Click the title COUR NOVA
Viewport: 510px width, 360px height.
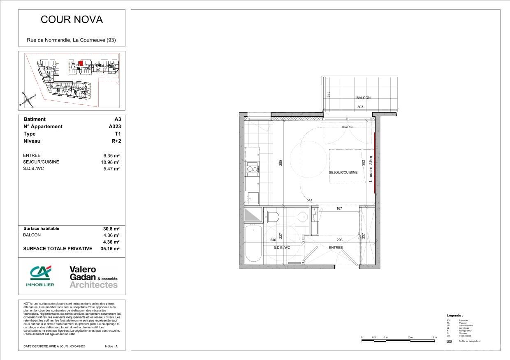click(x=72, y=19)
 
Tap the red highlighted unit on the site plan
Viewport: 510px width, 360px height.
click(x=81, y=63)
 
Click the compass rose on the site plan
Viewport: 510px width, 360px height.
click(x=28, y=99)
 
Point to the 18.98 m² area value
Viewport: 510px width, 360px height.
click(x=111, y=162)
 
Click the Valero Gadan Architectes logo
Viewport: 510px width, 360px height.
click(x=93, y=277)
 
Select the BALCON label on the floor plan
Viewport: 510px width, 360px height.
click(x=363, y=98)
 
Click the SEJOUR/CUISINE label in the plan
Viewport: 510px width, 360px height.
click(x=343, y=173)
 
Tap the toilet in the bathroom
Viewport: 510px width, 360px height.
click(x=272, y=216)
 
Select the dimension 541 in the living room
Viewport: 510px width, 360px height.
click(x=310, y=201)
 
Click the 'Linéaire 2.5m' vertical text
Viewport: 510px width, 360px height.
click(x=371, y=169)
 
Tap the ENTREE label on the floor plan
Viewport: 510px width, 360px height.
click(x=335, y=248)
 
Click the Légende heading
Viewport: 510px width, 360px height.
click(x=454, y=315)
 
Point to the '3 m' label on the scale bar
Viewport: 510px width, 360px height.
click(x=434, y=337)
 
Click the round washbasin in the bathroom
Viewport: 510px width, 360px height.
click(x=302, y=217)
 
